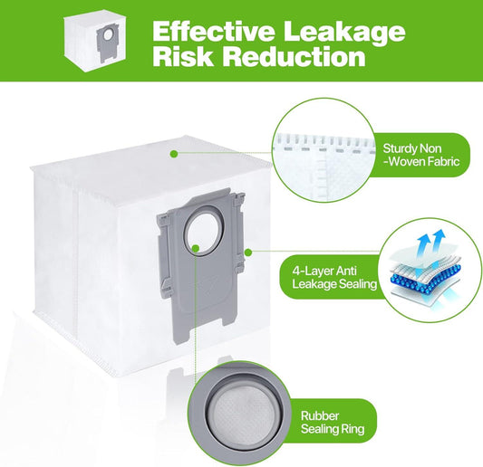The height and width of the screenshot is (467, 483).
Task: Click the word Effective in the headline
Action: coord(213,31)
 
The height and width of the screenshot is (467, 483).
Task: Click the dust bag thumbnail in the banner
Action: coord(95,43)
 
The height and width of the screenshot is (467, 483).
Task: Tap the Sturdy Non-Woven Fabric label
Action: coord(421,155)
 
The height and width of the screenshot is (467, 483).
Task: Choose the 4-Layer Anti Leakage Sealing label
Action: coord(334,277)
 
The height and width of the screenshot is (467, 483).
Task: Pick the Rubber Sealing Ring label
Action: coord(333,422)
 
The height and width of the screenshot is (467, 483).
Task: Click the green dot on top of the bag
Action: coord(174,153)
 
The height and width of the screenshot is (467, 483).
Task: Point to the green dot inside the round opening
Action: coord(196,248)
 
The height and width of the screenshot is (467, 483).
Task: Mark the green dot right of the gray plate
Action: coord(248,253)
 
